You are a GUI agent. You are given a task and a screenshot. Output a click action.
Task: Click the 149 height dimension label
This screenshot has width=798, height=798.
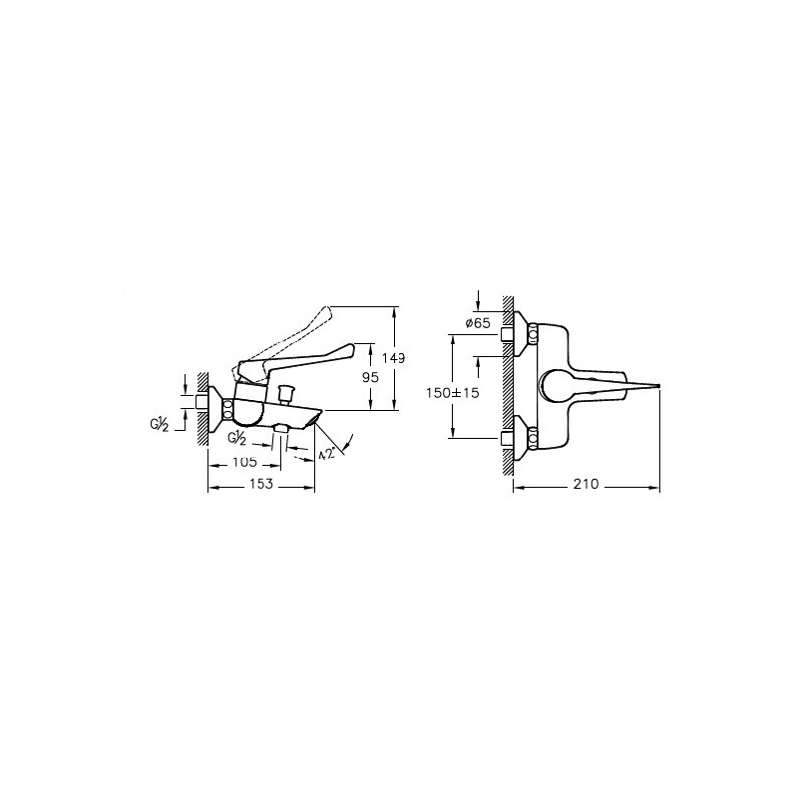pyautogui.click(x=393, y=358)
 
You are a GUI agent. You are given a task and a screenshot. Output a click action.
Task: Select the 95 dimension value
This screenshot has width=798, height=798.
pyautogui.click(x=370, y=377)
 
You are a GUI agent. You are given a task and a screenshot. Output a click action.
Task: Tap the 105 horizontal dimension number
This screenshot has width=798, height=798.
pyautogui.click(x=244, y=462)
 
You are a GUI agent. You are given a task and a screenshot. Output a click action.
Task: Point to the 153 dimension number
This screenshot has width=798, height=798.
pyautogui.click(x=261, y=483)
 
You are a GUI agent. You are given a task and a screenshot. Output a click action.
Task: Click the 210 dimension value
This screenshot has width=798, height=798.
pyautogui.click(x=586, y=484)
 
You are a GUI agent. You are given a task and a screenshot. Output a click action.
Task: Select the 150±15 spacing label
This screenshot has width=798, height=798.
pyautogui.click(x=453, y=393)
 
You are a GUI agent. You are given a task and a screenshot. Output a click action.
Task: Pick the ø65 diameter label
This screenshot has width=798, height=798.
pyautogui.click(x=478, y=322)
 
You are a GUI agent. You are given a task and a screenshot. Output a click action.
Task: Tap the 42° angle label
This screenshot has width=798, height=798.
pyautogui.click(x=327, y=454)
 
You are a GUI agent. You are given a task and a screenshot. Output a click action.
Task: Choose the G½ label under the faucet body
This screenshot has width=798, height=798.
pyautogui.click(x=237, y=438)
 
